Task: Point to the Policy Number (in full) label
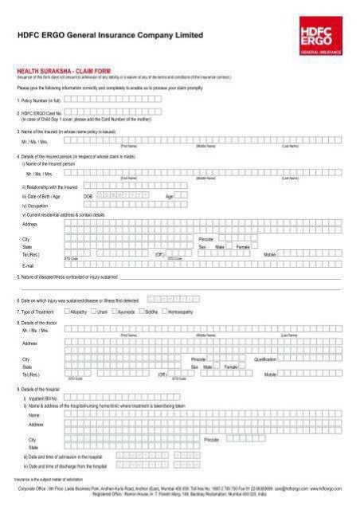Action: pos(39,101)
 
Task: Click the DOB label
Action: pos(88,196)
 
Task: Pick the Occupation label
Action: pos(37,206)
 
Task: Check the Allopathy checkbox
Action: pos(68,312)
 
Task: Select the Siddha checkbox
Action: pos(143,312)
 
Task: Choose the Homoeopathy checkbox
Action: pos(165,312)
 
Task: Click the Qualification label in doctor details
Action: pos(265,359)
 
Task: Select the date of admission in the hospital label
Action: pos(64,457)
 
